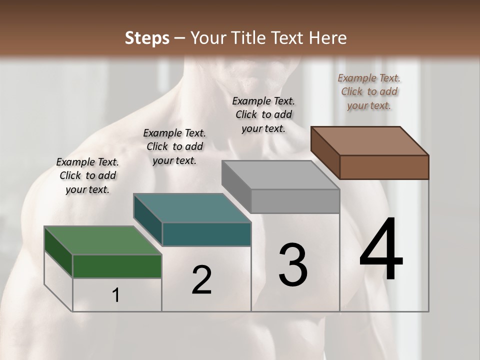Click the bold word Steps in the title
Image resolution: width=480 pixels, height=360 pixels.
147,38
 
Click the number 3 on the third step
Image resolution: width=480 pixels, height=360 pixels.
293,265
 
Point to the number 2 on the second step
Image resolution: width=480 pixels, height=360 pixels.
201,280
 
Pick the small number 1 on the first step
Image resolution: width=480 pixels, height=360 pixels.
116,295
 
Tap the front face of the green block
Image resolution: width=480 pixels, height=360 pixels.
117,266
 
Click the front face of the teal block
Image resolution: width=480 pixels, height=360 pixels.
206,234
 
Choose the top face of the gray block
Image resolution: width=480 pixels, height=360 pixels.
280,175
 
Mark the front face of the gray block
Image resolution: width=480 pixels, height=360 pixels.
295,201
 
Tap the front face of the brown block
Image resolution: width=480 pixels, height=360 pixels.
384,167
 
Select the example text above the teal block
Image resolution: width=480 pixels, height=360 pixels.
174,146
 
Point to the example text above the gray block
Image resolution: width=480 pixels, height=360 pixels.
263,114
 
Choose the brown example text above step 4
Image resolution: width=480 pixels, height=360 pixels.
369,91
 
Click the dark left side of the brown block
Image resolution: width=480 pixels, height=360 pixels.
325,152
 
